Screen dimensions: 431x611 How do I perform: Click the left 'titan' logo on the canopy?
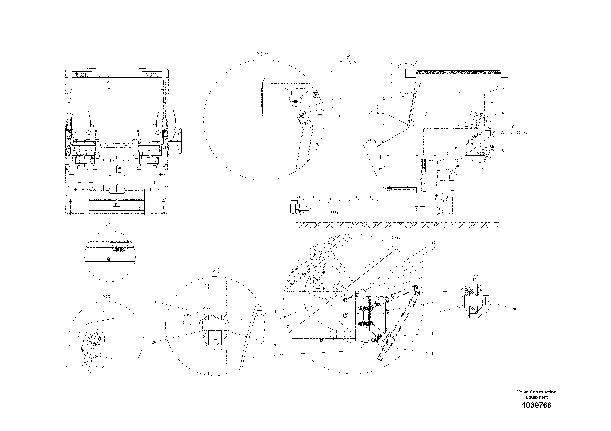point(82,74)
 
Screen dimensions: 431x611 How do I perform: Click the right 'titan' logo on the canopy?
point(152,74)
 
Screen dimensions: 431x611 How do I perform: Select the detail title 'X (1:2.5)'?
point(264,54)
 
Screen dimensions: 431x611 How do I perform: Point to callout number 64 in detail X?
point(340,116)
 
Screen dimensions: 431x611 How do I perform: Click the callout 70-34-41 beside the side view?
point(377,113)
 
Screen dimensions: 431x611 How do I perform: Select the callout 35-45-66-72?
point(514,132)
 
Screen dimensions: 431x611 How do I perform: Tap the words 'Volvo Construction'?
point(536,392)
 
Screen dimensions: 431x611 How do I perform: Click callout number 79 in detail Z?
point(433,302)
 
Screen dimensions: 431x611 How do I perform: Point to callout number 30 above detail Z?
point(433,243)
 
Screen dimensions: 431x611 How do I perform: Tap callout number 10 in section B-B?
point(514,309)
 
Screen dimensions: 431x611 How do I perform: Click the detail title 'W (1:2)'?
point(110,225)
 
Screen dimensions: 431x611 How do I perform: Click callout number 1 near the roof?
point(384,59)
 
